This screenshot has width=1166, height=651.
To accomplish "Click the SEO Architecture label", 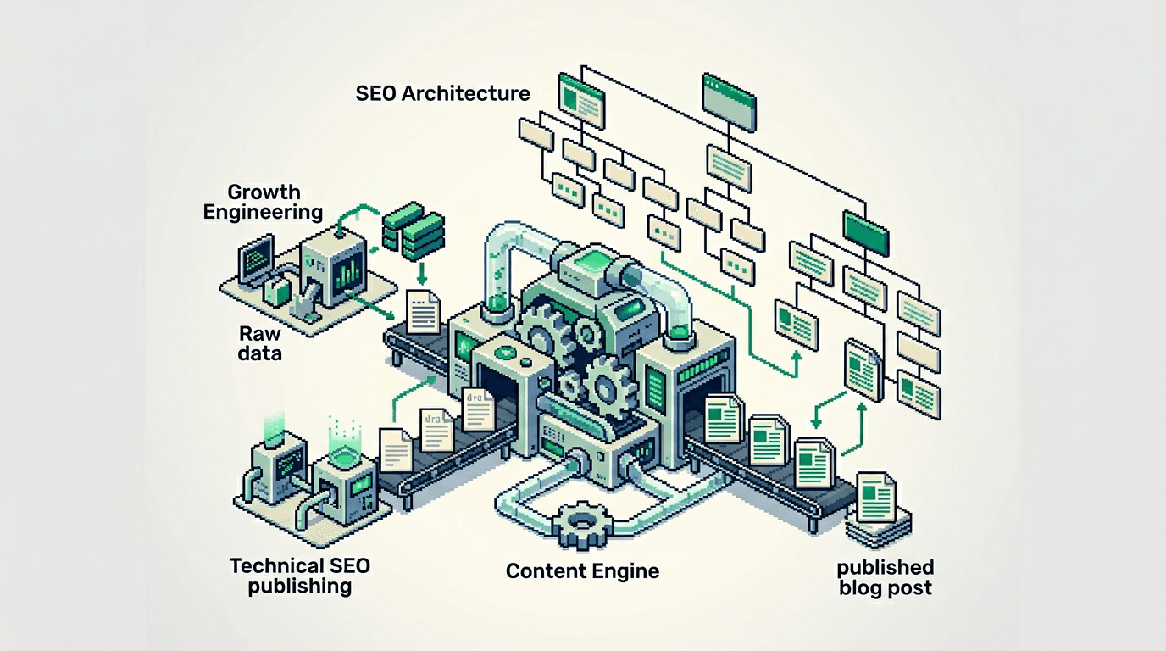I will tap(442, 92).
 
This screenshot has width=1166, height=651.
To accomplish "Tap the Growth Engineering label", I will tap(263, 202).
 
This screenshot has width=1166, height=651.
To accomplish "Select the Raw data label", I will tap(260, 343).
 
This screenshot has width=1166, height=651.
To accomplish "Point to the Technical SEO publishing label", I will tap(300, 575).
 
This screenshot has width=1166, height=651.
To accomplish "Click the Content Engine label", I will tap(582, 570).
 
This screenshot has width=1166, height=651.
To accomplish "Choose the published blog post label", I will tap(886, 577).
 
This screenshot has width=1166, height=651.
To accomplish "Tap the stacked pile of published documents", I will tap(878, 509).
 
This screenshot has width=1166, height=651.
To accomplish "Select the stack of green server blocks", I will tap(414, 230).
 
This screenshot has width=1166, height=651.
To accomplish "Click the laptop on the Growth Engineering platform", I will tap(257, 262).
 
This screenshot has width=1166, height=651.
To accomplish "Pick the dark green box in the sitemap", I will tap(864, 231).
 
